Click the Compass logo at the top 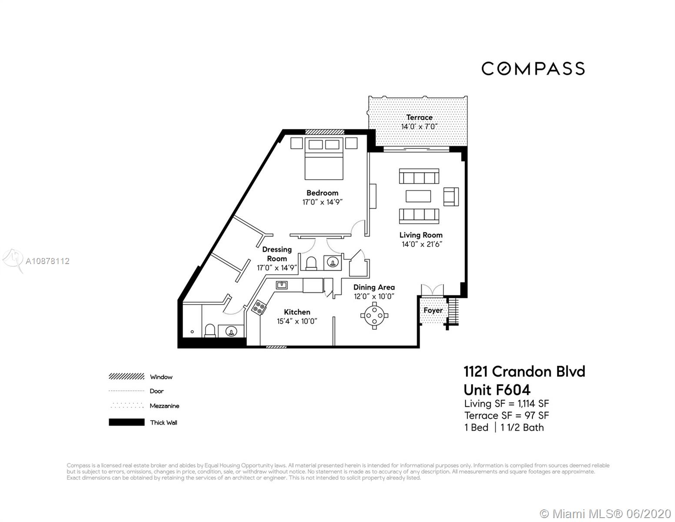point(533,68)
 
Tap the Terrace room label point(419,117)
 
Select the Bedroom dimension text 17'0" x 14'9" point(323,202)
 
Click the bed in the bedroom point(324,159)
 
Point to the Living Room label point(421,235)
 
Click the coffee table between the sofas point(419,196)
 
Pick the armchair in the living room point(451,197)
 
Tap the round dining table point(374,315)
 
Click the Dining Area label point(374,287)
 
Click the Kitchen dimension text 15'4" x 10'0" point(297,321)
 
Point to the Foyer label point(433,310)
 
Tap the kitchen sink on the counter point(282,285)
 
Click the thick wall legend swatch point(127,422)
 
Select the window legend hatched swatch point(127,377)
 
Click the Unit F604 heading point(497,390)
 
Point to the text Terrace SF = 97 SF point(507,415)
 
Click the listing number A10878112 point(47,261)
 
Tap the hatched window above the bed point(325,132)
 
